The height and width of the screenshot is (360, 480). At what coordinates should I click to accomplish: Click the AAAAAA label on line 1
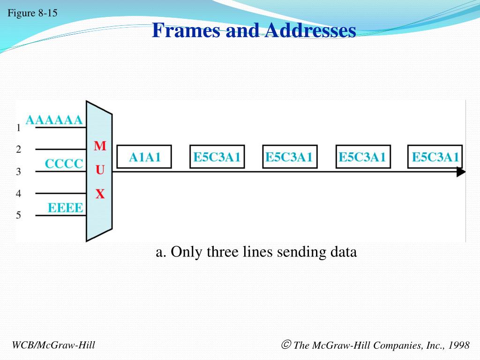tap(54, 120)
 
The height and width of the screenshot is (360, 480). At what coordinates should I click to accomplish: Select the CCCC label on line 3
tap(64, 164)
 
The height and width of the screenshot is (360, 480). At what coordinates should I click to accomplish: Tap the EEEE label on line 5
tap(66, 208)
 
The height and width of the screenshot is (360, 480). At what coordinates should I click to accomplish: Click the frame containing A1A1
tap(144, 157)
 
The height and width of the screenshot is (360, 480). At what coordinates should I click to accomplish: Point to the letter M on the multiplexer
tap(100, 146)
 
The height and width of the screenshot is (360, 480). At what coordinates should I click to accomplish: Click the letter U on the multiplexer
tap(100, 170)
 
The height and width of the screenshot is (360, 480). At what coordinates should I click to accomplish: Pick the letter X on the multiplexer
tap(100, 194)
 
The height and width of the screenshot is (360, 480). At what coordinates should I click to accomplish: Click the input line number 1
tap(18, 127)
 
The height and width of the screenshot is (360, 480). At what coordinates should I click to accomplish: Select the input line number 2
tap(18, 150)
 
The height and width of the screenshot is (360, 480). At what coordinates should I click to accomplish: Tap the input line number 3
tap(18, 172)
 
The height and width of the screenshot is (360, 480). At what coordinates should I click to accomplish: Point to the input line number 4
tap(18, 193)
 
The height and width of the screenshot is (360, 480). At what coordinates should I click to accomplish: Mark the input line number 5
tap(18, 215)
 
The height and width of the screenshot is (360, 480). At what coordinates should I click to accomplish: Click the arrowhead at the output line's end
tap(461, 172)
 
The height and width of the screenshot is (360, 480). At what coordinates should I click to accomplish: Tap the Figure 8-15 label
tap(32, 13)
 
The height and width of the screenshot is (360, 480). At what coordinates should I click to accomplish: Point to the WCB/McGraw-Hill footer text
tap(53, 345)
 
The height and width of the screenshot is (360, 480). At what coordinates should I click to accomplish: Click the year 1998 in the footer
tap(458, 345)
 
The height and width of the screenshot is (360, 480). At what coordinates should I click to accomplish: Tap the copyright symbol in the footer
tap(286, 345)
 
